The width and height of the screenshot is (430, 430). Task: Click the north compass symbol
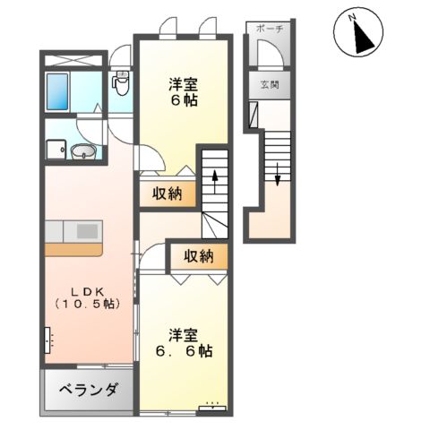point(357,35)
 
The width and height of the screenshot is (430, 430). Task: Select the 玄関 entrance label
point(270,86)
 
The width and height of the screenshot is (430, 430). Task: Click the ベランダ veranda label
point(90,391)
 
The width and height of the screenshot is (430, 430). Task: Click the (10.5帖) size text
point(87,305)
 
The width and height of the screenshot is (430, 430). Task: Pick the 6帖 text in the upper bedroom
point(184,100)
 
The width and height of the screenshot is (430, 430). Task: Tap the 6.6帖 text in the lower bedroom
point(185,351)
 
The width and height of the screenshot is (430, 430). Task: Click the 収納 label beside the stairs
point(168,193)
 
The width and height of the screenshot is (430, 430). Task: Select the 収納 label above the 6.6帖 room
point(199,257)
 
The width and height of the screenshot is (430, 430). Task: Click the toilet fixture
point(121,84)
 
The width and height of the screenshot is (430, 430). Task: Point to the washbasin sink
point(83,151)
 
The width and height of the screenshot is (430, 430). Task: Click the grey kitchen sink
point(87,231)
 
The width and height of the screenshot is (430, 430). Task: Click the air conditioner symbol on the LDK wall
point(47,340)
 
